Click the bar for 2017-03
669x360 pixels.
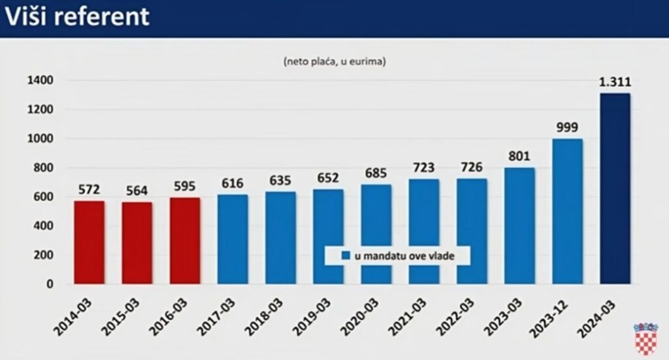[x=233, y=239]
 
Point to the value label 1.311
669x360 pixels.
[x=615, y=82]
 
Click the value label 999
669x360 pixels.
[x=567, y=127]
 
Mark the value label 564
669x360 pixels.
[x=137, y=191]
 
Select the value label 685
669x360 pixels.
[x=376, y=174]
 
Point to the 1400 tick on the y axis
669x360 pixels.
[x=41, y=80]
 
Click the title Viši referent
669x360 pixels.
[x=78, y=17]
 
